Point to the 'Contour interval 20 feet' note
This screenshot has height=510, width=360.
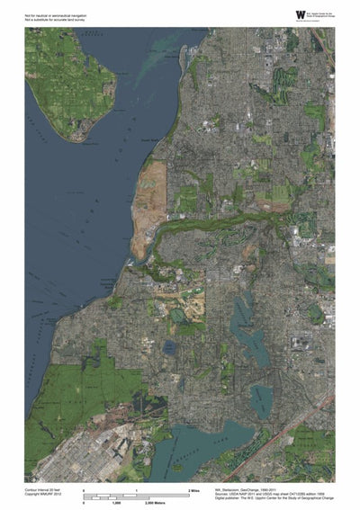click(45, 488)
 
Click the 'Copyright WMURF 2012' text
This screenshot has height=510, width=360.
click(44, 494)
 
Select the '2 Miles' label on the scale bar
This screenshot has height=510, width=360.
click(193, 489)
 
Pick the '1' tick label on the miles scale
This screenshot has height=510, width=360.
click(136, 489)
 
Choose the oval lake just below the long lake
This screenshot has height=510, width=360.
click(262, 395)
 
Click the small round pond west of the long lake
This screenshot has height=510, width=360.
click(170, 345)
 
